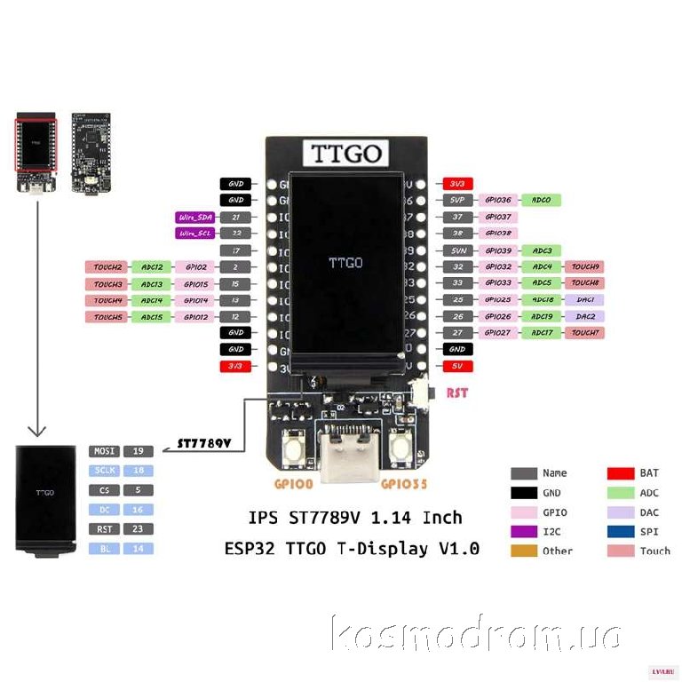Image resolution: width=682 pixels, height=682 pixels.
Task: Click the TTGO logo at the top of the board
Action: (347, 153)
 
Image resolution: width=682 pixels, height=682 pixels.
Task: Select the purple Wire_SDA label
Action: (194, 217)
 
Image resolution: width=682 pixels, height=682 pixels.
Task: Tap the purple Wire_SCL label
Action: (194, 234)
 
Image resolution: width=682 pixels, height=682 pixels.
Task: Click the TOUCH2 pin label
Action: (107, 266)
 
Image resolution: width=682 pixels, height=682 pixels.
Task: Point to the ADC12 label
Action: (152, 266)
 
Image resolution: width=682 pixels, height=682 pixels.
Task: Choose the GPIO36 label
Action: (496, 200)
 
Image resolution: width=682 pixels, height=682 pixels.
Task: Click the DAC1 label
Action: (585, 300)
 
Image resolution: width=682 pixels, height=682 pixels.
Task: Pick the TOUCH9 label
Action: (585, 266)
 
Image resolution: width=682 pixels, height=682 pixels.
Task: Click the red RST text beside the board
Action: (456, 393)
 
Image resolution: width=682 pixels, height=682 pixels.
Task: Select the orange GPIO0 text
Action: (292, 485)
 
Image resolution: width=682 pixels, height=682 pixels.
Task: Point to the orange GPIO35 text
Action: (404, 485)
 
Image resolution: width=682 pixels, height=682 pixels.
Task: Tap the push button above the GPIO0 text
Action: (293, 451)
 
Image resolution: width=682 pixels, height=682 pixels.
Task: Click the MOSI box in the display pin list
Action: (103, 451)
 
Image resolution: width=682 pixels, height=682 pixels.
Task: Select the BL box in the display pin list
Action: (103, 549)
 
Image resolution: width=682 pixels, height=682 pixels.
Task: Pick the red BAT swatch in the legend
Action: (619, 473)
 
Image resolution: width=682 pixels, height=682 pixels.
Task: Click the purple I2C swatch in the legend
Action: (524, 531)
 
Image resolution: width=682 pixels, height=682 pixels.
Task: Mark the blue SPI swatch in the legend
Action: (619, 531)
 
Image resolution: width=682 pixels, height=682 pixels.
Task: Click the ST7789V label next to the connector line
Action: (204, 440)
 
